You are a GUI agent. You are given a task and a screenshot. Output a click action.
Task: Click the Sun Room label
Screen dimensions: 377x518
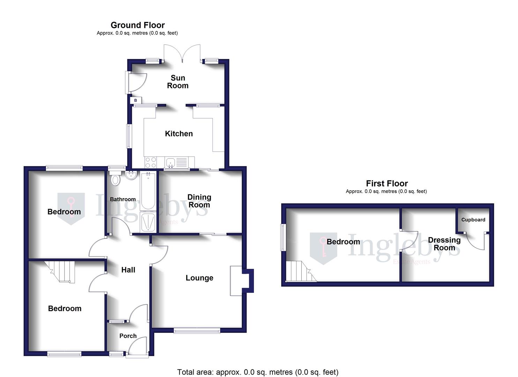(x=178, y=82)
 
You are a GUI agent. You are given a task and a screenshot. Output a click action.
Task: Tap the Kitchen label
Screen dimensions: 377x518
(x=179, y=134)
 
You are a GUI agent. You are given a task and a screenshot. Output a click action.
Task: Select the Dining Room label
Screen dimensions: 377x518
(x=199, y=201)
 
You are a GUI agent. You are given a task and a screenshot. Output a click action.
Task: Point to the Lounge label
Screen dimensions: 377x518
(x=199, y=278)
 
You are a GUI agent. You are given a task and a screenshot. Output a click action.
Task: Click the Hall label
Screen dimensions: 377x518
(x=128, y=270)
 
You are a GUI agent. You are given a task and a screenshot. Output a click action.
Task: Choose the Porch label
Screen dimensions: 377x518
(x=128, y=336)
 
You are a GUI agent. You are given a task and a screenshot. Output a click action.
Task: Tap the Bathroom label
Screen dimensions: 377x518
(x=123, y=199)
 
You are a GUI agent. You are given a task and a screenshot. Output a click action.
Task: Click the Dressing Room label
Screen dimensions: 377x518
(x=444, y=244)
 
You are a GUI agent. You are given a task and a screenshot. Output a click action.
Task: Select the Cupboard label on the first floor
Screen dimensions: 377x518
(x=473, y=220)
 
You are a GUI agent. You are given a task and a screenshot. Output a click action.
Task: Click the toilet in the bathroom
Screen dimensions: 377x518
(x=115, y=179)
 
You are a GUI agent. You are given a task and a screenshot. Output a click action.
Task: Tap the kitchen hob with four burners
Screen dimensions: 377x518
(x=151, y=163)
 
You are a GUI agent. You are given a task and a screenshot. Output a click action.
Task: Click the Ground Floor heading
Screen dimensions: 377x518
(x=137, y=25)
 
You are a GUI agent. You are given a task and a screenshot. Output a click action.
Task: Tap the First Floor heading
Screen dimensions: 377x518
(x=386, y=183)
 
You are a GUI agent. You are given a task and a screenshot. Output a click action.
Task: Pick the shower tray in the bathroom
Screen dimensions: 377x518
(x=149, y=222)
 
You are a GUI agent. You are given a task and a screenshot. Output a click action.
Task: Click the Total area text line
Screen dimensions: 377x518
(x=257, y=372)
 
